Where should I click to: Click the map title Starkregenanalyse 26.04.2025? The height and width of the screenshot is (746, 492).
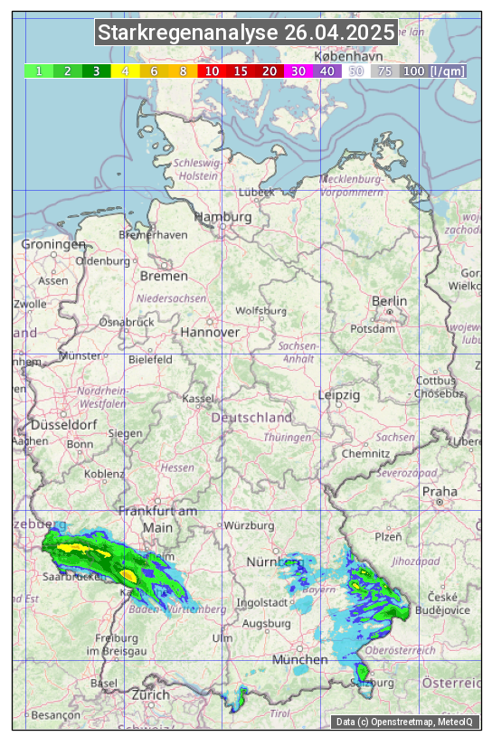coord(246,33)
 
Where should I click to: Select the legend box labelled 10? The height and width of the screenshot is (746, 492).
coord(212,71)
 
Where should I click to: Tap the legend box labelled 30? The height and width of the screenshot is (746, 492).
coord(298,71)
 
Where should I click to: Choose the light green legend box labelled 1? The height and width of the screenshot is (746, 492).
coord(39,71)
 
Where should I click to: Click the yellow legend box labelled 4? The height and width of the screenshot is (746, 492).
coord(125,71)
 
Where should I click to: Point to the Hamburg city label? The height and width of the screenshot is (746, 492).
coord(222,218)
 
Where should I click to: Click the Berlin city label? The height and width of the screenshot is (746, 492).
coord(389,301)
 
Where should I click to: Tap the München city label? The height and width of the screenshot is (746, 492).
coord(299,660)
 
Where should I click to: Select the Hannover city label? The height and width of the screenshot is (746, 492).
coord(210,333)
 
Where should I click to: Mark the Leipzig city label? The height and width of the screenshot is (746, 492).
coord(339,396)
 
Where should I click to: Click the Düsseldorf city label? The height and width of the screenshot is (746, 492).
coord(63,425)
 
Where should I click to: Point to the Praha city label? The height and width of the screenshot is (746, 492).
coord(440,491)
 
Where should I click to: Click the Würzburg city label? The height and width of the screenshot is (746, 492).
coord(249,525)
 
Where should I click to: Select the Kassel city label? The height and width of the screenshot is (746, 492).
coord(197,398)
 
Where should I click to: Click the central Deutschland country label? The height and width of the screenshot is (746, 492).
coord(251,418)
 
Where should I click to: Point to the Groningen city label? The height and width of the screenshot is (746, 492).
coord(52,245)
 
